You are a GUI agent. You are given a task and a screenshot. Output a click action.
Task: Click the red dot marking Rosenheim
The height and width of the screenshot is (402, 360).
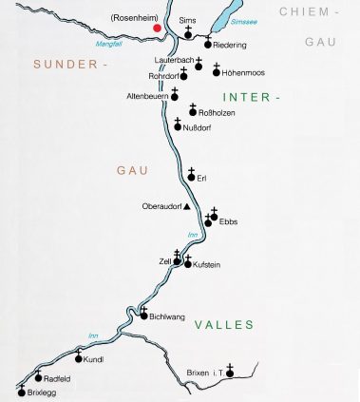(x=158, y=28)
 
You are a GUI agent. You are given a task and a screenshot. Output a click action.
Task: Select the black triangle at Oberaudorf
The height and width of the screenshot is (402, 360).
(x=187, y=205)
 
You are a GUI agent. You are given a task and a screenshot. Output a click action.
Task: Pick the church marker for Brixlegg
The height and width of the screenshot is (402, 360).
(x=22, y=389)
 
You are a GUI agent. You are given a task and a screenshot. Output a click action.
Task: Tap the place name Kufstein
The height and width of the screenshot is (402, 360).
(x=207, y=264)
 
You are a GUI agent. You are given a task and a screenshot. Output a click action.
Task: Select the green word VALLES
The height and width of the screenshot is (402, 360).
(x=223, y=325)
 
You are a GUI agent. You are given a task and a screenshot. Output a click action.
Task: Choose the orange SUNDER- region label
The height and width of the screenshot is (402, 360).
(x=66, y=64)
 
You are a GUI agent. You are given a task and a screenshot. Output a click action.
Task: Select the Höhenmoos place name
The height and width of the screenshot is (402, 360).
(x=241, y=72)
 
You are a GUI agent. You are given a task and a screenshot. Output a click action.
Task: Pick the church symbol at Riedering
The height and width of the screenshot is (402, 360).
(x=207, y=43)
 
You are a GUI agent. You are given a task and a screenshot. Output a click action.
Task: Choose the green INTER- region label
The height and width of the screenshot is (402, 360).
(x=252, y=97)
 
